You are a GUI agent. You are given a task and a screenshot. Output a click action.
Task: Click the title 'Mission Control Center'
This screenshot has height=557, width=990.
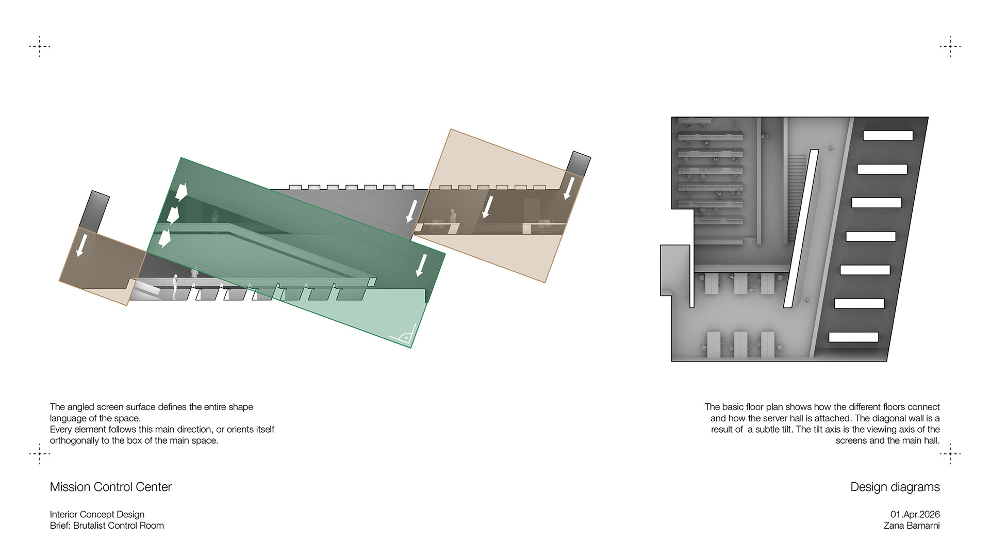[x=110, y=487]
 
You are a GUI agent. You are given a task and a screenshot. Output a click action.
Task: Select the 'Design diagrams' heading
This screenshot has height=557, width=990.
[x=895, y=487]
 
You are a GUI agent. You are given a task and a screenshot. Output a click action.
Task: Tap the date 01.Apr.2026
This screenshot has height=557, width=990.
[x=915, y=514]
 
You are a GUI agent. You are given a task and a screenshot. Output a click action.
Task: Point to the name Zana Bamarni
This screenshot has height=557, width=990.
[x=911, y=526]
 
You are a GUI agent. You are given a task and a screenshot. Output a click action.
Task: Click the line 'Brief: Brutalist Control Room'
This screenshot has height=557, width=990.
[x=107, y=526]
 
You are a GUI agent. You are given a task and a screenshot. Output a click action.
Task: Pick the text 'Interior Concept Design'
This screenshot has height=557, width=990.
[x=97, y=514]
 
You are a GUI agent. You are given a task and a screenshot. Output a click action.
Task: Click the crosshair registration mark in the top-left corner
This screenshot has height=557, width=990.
[x=40, y=46]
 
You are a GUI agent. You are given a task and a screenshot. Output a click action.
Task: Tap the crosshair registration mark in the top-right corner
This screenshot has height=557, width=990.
[x=950, y=46]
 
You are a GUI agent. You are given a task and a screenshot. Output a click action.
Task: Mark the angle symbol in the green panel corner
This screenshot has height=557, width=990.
[x=405, y=336]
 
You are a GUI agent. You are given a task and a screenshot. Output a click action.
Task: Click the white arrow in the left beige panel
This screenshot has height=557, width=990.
[x=80, y=245]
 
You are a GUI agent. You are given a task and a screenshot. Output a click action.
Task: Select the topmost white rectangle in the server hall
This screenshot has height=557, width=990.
[x=888, y=136]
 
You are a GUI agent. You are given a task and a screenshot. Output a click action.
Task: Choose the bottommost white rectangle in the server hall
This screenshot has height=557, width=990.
[x=853, y=337]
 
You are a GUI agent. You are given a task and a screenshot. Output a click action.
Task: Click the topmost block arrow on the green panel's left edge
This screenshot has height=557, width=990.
[x=180, y=191]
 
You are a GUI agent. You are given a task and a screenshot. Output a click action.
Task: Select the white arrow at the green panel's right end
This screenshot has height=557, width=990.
[x=421, y=264]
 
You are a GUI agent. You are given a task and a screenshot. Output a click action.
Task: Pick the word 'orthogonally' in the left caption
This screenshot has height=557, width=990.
[x=76, y=440]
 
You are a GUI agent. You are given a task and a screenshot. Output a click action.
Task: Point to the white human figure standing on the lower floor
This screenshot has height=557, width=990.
[x=175, y=287]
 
